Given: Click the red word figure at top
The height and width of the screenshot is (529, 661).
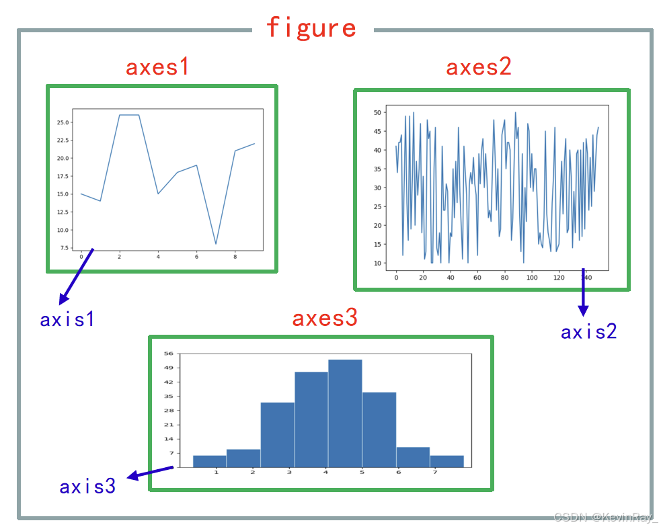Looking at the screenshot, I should tap(311, 28).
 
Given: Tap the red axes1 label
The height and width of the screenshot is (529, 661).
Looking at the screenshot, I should tap(157, 67).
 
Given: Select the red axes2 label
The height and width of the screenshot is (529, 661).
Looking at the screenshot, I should tap(479, 67).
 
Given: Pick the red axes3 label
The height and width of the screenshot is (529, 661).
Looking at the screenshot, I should tap(325, 319).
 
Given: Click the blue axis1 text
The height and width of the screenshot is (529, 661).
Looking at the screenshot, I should tap(67, 319).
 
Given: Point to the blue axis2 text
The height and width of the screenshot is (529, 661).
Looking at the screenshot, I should tap(588, 331).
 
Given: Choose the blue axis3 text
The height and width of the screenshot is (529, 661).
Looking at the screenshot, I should tap(87, 487).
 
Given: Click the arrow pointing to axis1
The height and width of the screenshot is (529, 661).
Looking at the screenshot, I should tap(75, 276).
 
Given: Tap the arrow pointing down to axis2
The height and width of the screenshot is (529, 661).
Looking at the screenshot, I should tap(583, 292).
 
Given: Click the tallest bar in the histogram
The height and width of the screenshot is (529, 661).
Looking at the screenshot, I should tap(345, 413).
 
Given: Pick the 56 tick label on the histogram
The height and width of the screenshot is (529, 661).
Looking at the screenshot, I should tap(169, 354).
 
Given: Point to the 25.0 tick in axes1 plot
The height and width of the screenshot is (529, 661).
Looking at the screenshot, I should tap(63, 122).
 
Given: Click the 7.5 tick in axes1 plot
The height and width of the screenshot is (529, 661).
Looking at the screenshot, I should tap(65, 248).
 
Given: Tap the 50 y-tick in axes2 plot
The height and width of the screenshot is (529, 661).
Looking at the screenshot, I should tap(378, 112).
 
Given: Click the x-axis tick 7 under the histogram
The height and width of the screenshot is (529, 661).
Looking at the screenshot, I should tap(434, 473).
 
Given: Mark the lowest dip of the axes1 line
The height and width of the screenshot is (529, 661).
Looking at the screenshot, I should tap(216, 243).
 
